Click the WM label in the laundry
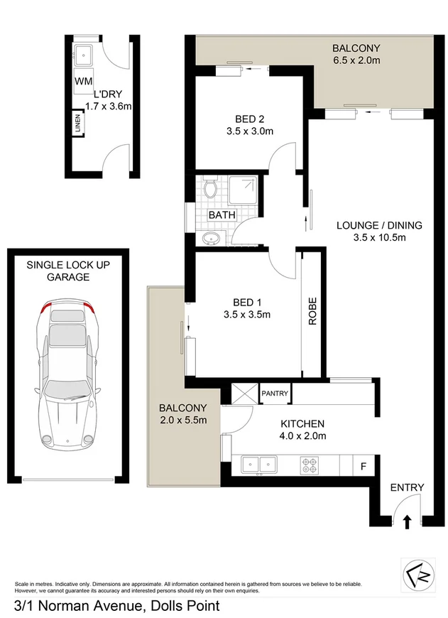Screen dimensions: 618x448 click(x=83, y=80)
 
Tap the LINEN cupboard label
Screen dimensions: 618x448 click(x=77, y=124)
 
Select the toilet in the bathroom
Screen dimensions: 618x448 click(x=209, y=188)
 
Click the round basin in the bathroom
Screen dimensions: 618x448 click(x=211, y=238)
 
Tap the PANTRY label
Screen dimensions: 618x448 click(x=275, y=393)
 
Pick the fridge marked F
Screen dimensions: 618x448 click(x=364, y=467)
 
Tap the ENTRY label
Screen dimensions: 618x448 click(x=407, y=487)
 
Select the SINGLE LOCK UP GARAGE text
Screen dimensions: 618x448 click(x=68, y=271)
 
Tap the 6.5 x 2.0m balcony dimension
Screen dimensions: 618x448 click(x=356, y=61)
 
